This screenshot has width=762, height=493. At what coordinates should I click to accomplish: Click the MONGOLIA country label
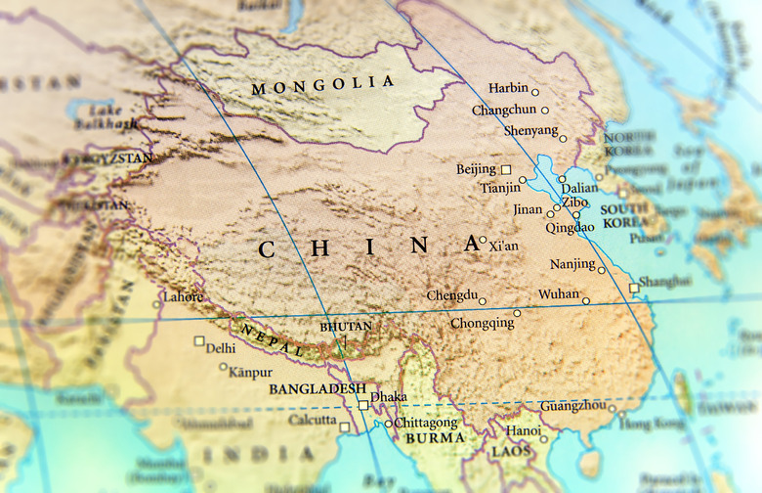(x=323, y=86)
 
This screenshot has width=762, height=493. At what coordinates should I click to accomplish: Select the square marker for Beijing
(x=506, y=169)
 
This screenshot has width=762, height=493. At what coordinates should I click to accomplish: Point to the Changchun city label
(x=504, y=111)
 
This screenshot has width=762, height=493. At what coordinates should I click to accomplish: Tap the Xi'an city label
(x=504, y=246)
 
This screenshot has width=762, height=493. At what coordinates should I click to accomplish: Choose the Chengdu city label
(x=451, y=295)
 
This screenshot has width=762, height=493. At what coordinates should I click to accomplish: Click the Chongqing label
(x=482, y=323)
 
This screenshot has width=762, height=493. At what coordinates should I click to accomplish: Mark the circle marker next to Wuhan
(x=586, y=300)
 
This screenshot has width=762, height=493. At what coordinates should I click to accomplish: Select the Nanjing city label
(x=571, y=265)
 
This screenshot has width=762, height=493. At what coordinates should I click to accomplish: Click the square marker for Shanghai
(x=634, y=288)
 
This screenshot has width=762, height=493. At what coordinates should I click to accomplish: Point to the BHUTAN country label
(x=346, y=326)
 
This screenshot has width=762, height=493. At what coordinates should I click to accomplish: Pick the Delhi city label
(x=221, y=348)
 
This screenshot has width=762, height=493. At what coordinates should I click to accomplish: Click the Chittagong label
(x=427, y=423)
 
